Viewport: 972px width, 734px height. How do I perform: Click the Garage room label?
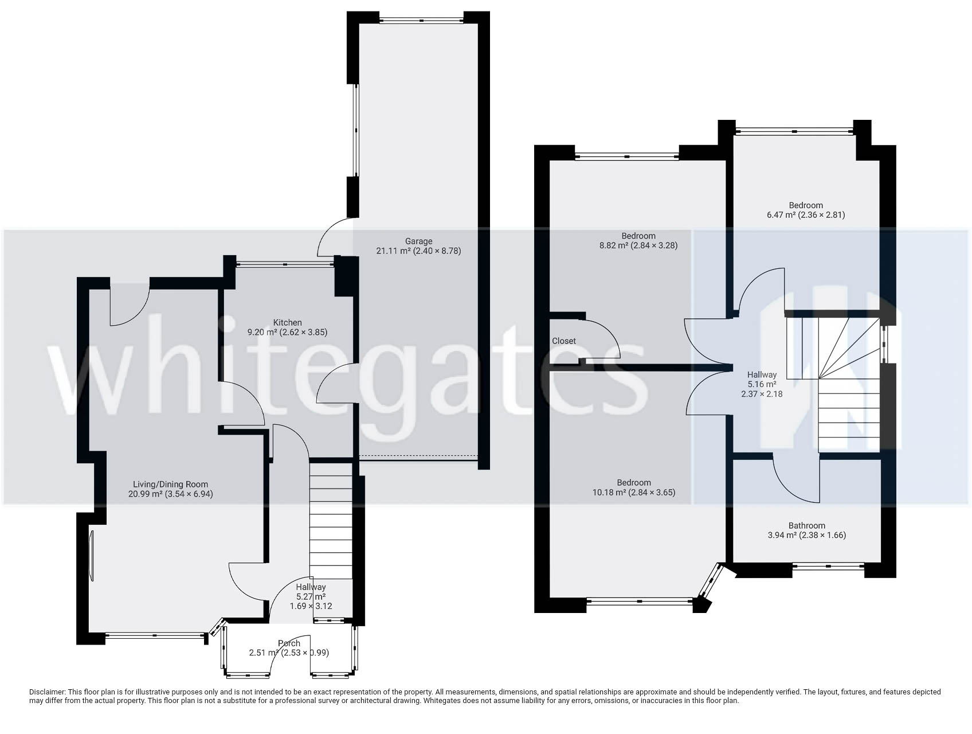coord(418,241)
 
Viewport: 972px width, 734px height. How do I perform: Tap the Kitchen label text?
coord(287,322)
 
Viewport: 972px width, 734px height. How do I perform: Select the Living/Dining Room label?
coord(170,484)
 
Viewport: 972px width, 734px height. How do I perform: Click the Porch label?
coord(289,643)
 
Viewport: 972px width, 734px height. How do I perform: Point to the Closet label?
coord(563,341)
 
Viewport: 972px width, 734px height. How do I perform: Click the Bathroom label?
coord(806,525)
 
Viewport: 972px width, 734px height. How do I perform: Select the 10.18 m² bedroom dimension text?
coord(633,492)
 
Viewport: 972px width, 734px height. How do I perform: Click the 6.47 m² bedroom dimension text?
coord(805,215)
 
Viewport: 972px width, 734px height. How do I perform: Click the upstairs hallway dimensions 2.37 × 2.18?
coord(762,394)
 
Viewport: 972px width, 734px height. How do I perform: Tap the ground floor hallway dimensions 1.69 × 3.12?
coord(311,606)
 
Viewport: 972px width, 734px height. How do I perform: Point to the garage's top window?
coord(421,21)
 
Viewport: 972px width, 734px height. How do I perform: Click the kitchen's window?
coord(285,264)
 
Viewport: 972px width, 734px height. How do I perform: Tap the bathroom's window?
coord(828,567)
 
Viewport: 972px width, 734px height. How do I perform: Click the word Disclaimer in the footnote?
coord(47,692)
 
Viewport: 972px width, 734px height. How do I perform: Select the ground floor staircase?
coord(331,519)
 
